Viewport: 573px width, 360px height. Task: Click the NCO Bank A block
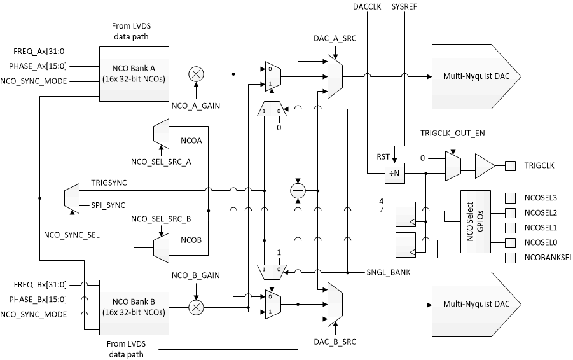(133, 74)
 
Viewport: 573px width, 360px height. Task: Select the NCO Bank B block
(133, 307)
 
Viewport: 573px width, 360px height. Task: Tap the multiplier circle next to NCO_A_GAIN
(197, 74)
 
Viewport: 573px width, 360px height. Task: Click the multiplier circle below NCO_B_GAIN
(197, 307)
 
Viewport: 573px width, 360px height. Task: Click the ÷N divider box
(395, 172)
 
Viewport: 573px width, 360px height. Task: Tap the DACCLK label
(366, 7)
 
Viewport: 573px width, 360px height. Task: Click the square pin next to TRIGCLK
(510, 165)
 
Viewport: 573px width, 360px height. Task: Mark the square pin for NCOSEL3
(510, 197)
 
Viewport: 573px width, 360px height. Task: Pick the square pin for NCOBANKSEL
(510, 258)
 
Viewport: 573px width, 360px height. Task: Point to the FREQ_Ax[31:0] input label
(38, 50)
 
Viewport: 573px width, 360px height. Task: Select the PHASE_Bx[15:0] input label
(38, 299)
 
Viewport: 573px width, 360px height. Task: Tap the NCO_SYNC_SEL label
(72, 235)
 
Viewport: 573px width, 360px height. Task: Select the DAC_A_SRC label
(335, 39)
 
